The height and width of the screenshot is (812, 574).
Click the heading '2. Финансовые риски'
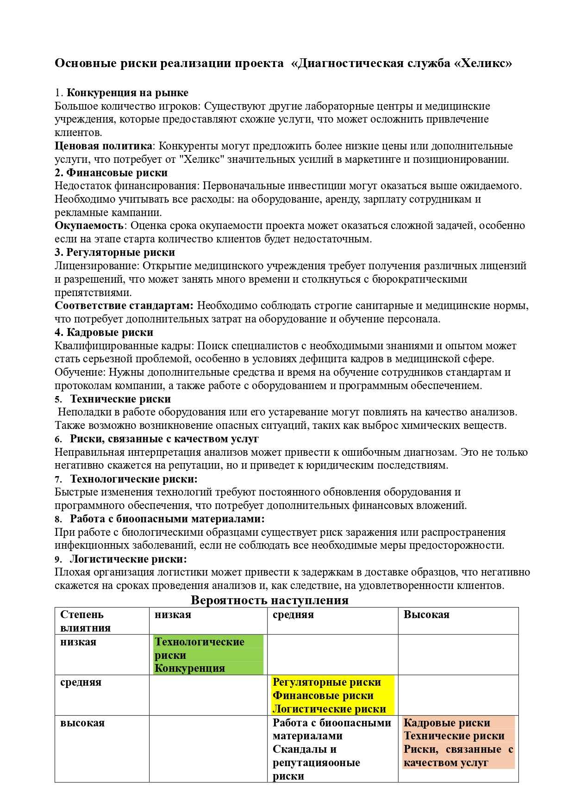click(x=111, y=173)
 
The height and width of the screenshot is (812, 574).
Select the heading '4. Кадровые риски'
click(x=104, y=332)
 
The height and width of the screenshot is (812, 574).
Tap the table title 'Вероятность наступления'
click(x=269, y=600)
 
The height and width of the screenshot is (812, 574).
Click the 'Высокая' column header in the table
click(x=426, y=614)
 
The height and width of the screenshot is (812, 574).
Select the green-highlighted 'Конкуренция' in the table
click(x=190, y=668)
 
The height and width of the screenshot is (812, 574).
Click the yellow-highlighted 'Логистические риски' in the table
click(x=329, y=709)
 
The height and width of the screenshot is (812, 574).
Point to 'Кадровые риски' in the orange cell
click(x=447, y=723)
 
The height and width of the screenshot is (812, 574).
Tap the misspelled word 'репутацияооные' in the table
click(x=316, y=762)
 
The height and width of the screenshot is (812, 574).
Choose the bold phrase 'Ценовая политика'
click(x=103, y=146)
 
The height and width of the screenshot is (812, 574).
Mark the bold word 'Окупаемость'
click(x=89, y=226)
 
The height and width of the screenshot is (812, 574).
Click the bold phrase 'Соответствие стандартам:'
click(x=124, y=305)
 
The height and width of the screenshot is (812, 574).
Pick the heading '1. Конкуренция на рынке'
click(x=121, y=93)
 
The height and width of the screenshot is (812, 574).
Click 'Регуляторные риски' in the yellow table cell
click(x=327, y=682)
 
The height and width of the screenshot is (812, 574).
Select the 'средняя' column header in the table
click(x=293, y=614)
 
